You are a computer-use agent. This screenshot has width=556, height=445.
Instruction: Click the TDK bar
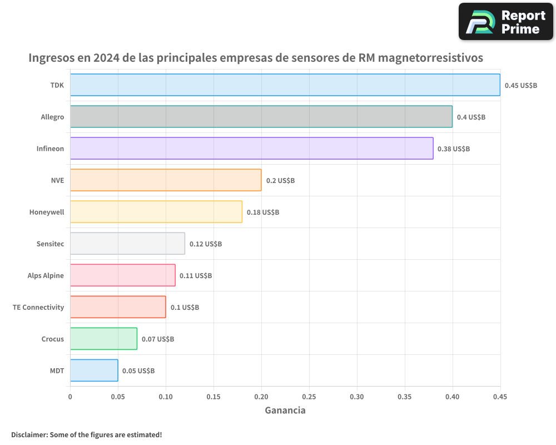click(285, 85)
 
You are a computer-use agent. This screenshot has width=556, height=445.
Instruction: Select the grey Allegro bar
click(261, 117)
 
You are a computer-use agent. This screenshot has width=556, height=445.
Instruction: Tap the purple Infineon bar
click(251, 149)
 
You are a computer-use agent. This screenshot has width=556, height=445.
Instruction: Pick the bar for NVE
click(166, 180)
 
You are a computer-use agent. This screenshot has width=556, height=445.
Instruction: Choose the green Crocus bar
click(103, 339)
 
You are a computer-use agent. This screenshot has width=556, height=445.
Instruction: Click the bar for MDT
click(94, 370)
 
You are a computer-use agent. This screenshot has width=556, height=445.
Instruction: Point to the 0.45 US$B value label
click(520, 86)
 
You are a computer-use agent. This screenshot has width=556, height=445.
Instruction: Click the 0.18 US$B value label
click(263, 212)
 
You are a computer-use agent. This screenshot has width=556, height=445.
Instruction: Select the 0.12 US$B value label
click(205, 244)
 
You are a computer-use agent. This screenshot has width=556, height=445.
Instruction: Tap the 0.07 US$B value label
click(157, 339)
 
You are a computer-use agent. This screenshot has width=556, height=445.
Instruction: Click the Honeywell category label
click(47, 212)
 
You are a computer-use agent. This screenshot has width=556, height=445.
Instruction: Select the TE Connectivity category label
click(38, 307)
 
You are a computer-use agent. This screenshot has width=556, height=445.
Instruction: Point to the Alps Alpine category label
click(46, 275)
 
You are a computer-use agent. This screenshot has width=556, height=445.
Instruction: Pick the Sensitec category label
click(50, 244)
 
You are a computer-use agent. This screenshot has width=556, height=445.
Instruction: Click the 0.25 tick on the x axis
click(309, 397)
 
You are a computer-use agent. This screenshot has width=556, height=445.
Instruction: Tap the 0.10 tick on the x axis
click(166, 397)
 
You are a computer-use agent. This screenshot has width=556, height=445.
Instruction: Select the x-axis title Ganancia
click(285, 411)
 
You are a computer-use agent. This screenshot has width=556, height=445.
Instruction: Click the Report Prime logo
click(505, 22)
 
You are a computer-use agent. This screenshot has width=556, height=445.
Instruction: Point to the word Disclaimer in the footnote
click(28, 434)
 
